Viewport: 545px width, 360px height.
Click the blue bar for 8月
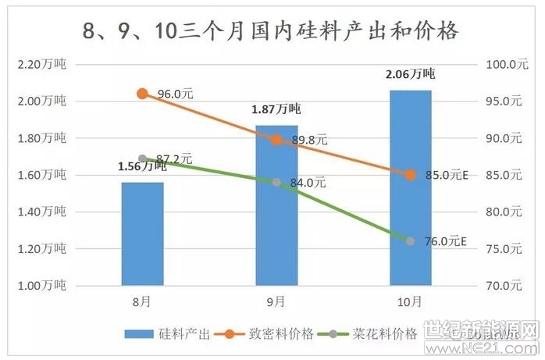click(142, 233)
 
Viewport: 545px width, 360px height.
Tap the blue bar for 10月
click(410, 187)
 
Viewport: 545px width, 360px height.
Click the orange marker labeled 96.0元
click(142, 94)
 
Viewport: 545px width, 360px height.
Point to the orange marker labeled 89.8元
click(276, 140)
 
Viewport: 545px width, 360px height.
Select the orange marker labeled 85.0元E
click(411, 175)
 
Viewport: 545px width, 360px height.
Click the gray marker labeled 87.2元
click(142, 159)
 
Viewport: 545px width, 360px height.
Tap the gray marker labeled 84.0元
click(276, 182)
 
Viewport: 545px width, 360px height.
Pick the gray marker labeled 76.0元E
click(411, 241)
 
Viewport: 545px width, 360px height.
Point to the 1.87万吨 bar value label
click(276, 109)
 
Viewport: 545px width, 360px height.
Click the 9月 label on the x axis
click(276, 301)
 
